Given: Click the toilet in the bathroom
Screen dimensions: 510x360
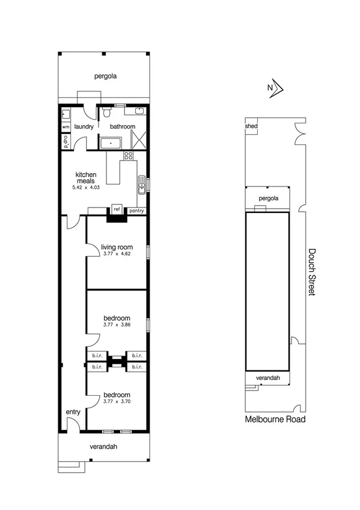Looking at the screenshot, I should pos(106,112).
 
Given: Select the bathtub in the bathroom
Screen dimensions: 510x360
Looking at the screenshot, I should pos(111,144).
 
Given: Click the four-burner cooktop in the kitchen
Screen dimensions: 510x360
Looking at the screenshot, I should pos(128,156).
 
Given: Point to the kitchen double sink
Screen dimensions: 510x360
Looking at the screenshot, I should pos(141,186).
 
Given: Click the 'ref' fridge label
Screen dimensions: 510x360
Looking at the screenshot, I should pos(117,210).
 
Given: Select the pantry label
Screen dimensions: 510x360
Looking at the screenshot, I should pos(137,210).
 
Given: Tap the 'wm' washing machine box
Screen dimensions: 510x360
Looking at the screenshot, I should pos(65,127).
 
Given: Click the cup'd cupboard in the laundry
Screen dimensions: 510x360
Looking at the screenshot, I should pos(65,143).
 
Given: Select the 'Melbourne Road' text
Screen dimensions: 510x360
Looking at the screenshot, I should pos(275,419).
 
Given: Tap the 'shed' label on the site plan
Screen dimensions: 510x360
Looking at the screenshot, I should pos(251,127).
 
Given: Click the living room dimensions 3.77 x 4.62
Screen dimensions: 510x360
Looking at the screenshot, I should pos(116,254).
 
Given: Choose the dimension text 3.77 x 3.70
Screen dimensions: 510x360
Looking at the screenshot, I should pos(116,401).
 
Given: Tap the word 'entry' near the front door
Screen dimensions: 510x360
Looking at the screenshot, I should pos(73,411).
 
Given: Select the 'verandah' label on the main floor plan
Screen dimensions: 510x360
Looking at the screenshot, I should pos(104,447).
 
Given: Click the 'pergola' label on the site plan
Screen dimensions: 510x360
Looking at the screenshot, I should pos(268,198).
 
